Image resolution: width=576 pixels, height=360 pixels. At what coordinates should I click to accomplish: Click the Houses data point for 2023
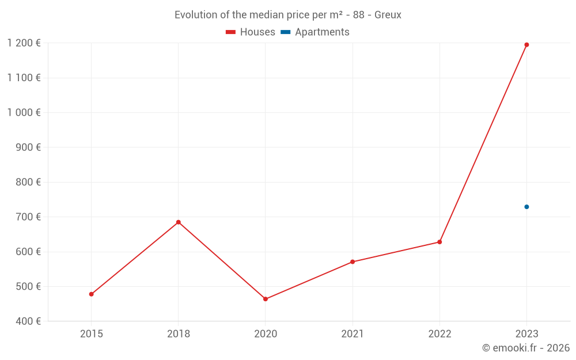click(526, 45)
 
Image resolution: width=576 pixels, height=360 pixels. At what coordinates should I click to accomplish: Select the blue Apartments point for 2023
click(526, 207)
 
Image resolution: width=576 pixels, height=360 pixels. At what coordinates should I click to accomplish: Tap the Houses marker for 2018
click(179, 222)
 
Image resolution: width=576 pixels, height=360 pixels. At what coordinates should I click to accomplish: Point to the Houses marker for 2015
click(92, 294)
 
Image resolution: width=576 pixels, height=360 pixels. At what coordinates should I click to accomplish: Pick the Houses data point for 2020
click(266, 299)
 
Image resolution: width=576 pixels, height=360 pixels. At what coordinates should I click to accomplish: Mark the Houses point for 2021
click(353, 262)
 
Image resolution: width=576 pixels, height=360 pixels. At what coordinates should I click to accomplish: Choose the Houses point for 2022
click(439, 242)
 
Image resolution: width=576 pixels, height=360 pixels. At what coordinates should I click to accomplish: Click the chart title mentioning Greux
click(288, 15)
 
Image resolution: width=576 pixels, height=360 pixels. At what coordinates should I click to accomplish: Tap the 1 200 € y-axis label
click(24, 43)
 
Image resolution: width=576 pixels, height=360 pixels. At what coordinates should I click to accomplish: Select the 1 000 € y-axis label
click(24, 112)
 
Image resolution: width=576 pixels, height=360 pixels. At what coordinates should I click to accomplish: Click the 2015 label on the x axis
click(92, 334)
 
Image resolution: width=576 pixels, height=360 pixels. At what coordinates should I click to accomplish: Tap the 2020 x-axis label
click(266, 334)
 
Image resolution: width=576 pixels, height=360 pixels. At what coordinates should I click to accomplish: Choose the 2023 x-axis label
click(526, 334)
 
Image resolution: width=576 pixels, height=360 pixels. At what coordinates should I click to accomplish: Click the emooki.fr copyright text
click(526, 348)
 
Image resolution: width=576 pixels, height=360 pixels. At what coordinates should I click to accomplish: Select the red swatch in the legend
click(231, 32)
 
